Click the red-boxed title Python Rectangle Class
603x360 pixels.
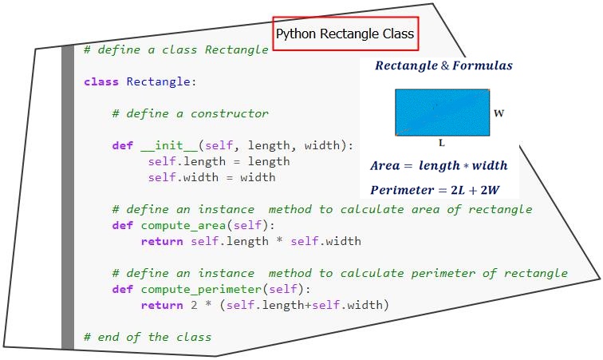point(345,34)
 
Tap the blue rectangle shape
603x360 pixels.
point(442,113)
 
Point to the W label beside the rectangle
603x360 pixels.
point(499,113)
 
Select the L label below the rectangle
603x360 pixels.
point(442,143)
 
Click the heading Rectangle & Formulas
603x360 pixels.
point(443,65)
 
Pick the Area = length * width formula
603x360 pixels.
point(439,165)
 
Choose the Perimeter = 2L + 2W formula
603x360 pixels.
point(435,190)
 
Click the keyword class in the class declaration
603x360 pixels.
point(101,81)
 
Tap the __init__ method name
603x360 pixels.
point(170,145)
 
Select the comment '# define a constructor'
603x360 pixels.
point(191,113)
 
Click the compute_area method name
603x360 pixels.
point(183,226)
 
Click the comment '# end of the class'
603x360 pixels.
point(148,338)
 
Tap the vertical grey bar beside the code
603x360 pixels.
point(68,197)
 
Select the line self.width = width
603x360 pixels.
point(212,177)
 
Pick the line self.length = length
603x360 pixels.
point(219,161)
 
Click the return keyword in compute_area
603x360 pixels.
point(162,241)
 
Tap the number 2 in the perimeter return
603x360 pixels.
point(194,305)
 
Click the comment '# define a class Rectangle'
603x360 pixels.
point(176,49)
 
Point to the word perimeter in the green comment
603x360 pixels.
point(443,273)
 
